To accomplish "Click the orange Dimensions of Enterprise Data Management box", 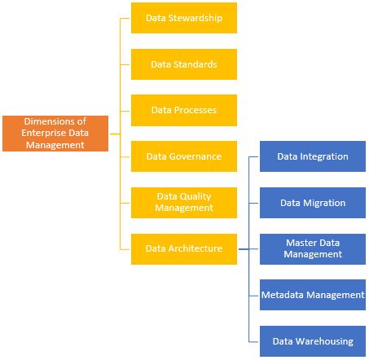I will click(x=55, y=133).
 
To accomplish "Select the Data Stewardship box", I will click(x=183, y=17).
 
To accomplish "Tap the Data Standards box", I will click(x=183, y=64).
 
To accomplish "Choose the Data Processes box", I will click(x=183, y=109).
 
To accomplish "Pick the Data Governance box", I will click(x=183, y=156).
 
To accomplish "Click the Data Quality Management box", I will click(x=183, y=201).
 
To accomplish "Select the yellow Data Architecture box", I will click(x=183, y=248).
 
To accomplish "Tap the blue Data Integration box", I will click(x=313, y=156).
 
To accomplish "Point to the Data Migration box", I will click(x=313, y=202).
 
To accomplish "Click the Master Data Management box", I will click(x=313, y=248).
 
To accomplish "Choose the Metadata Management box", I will click(x=313, y=294).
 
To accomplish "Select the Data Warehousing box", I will click(x=313, y=340).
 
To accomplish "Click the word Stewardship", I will click(x=195, y=17).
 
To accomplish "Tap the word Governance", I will click(x=195, y=156).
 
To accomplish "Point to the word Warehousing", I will click(x=325, y=340).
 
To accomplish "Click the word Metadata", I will click(x=283, y=294).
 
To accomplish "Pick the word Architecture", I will click(x=195, y=248).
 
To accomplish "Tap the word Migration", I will click(x=324, y=202).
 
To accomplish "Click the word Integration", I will click(x=324, y=156).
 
